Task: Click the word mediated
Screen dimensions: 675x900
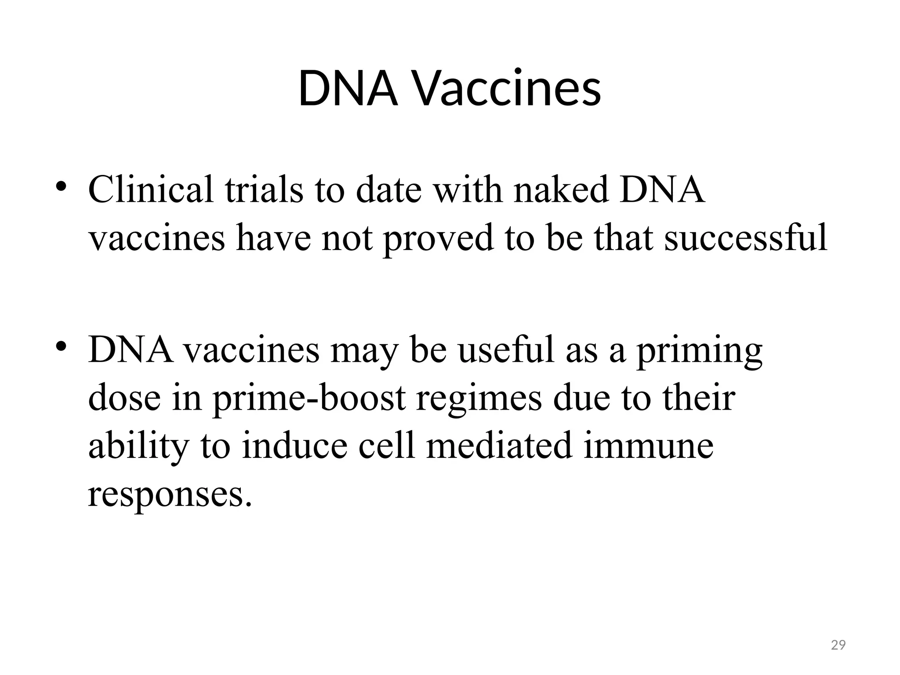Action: coord(499,446)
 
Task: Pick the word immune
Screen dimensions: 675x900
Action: coord(648,446)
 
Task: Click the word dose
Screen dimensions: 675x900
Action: coord(124,398)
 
